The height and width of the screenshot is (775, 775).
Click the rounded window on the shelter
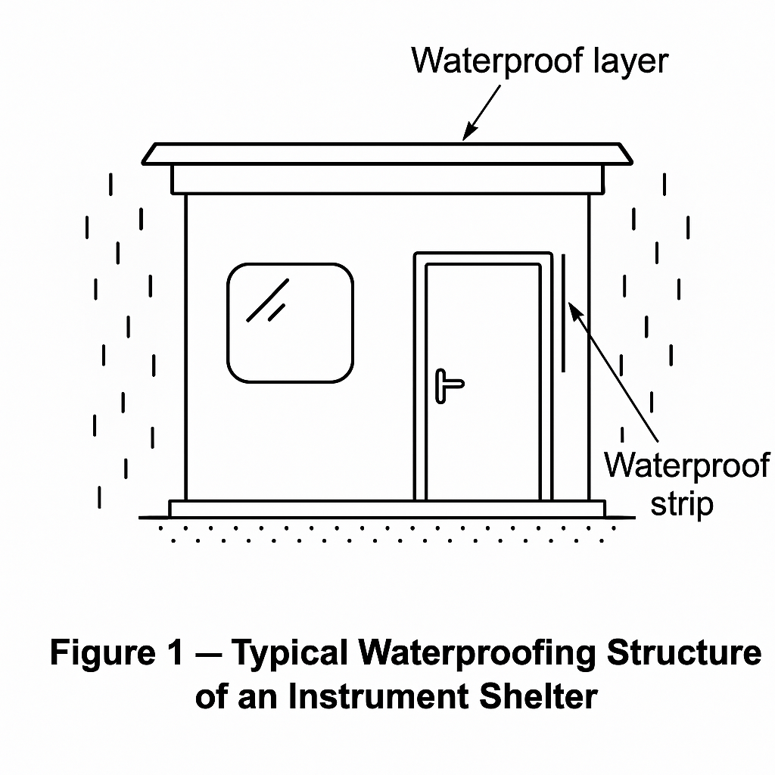pyautogui.click(x=290, y=322)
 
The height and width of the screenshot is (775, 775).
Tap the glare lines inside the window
pyautogui.click(x=269, y=300)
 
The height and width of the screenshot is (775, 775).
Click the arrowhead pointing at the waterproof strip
pyautogui.click(x=574, y=310)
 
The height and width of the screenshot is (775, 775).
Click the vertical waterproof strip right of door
pyautogui.click(x=563, y=313)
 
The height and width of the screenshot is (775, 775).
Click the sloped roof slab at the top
pyautogui.click(x=387, y=154)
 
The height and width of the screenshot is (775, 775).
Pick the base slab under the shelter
pyautogui.click(x=387, y=509)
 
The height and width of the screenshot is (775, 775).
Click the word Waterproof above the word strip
pyautogui.click(x=686, y=465)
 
